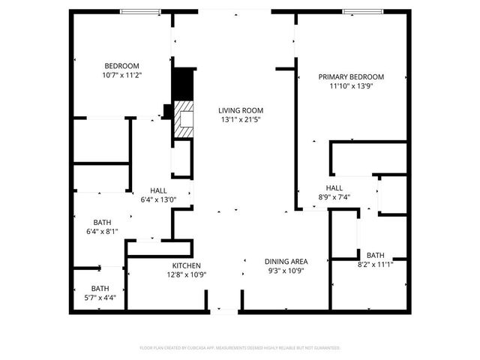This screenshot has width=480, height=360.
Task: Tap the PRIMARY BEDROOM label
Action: [x=351, y=77]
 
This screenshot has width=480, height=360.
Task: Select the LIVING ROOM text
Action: [x=239, y=110]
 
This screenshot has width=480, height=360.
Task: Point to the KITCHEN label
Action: [x=186, y=266]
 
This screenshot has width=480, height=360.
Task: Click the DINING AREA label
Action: [x=286, y=262]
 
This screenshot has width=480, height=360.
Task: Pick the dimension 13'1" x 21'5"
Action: [x=239, y=120]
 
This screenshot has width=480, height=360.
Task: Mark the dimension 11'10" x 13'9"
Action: [x=351, y=87]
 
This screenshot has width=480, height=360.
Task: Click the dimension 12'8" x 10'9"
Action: [x=186, y=275]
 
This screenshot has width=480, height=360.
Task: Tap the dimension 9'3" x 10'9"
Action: [x=286, y=271]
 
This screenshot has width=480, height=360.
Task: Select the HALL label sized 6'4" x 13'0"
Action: [x=158, y=190]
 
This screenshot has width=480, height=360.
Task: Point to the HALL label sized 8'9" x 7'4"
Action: [x=334, y=187]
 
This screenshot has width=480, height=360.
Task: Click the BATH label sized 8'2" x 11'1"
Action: [x=375, y=255]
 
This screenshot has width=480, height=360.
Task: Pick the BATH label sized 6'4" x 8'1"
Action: [x=102, y=223]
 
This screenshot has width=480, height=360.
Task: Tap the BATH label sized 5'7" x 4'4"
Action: [x=100, y=289]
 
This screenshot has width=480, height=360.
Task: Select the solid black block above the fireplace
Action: [x=182, y=84]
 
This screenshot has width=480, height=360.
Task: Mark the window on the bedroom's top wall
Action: [x=141, y=11]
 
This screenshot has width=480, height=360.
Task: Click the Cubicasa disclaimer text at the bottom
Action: [x=240, y=348]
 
